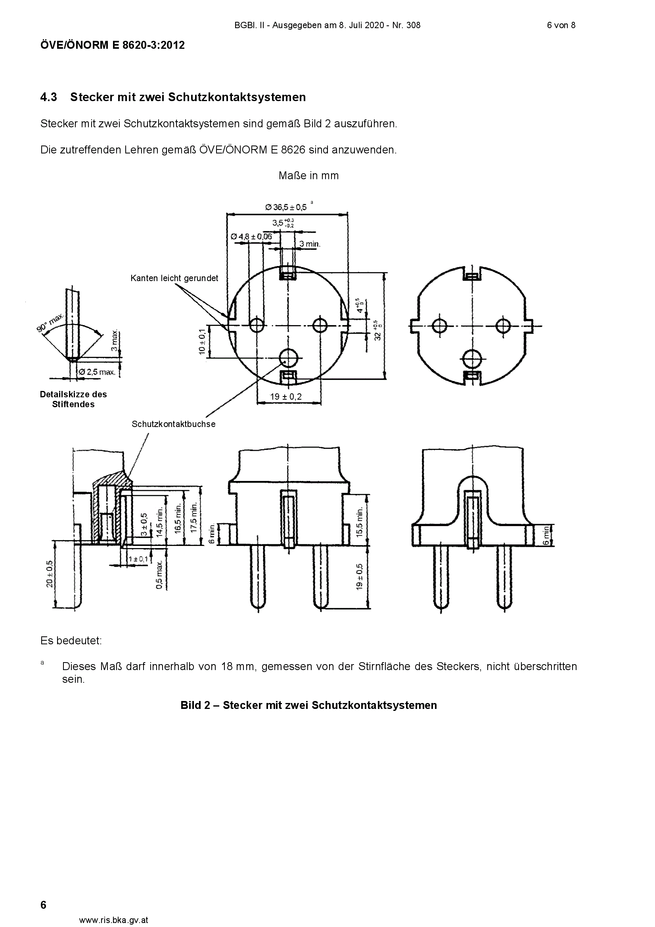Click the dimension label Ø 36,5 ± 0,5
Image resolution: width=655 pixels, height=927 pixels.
click(286, 207)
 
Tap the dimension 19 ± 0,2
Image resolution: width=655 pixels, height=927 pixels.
click(286, 396)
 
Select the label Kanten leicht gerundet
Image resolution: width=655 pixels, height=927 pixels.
click(174, 278)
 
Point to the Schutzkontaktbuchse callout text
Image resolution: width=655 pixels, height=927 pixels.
click(174, 424)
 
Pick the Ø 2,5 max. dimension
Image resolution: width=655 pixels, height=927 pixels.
click(97, 372)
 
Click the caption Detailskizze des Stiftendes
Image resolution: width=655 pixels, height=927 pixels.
click(73, 399)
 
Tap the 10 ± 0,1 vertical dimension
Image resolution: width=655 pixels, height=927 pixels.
click(202, 342)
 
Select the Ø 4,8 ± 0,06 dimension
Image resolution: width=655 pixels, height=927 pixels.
click(252, 236)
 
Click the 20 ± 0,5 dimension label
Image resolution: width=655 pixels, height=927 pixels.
click(49, 574)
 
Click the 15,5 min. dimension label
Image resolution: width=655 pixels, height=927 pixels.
click(360, 518)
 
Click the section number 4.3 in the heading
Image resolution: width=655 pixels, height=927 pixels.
click(49, 97)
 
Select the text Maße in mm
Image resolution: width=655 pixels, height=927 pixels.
click(308, 176)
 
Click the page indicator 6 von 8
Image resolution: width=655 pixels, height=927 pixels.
click(561, 25)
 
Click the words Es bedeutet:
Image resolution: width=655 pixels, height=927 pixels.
click(71, 641)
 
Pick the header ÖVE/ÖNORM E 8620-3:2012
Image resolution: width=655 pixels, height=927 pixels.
click(113, 45)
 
